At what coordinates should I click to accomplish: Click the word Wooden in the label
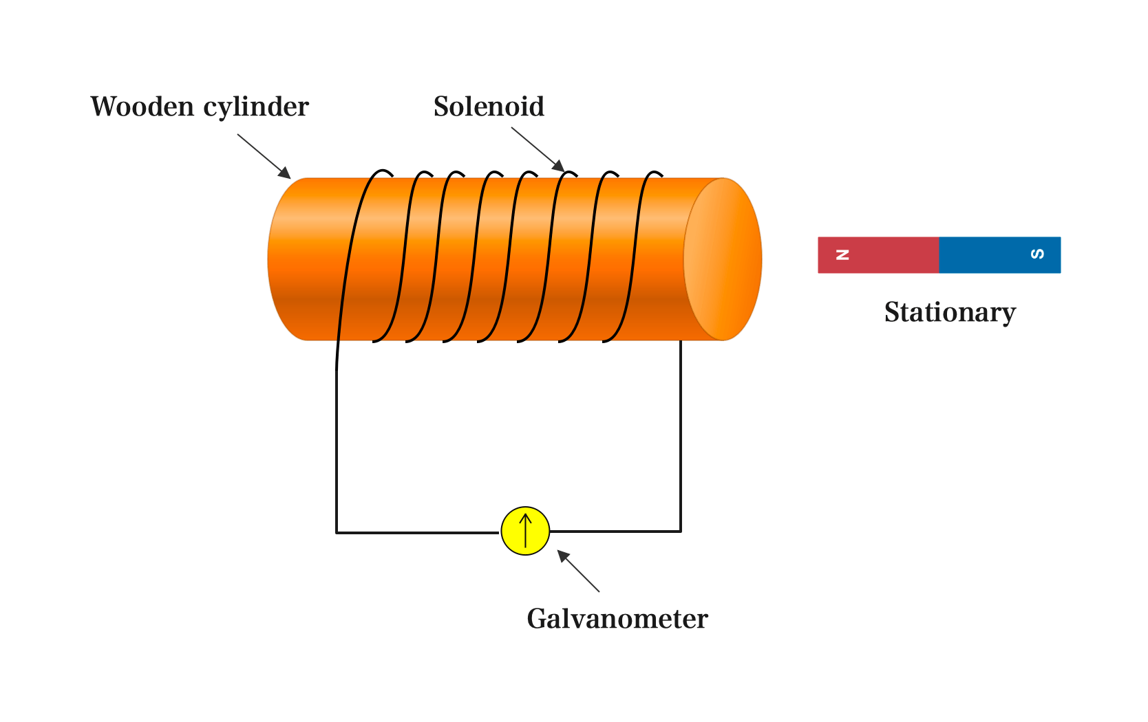[x=142, y=107]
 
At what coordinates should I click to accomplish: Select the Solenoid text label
[x=489, y=107]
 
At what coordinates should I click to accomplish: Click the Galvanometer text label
[x=617, y=619]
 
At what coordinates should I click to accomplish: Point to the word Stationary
[x=950, y=313]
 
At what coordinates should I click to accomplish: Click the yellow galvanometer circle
[x=525, y=531]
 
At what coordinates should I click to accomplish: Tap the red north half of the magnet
[x=888, y=255]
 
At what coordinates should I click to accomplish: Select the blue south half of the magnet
[x=991, y=255]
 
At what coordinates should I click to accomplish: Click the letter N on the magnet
[x=842, y=255]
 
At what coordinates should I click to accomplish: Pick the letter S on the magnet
[x=1037, y=254]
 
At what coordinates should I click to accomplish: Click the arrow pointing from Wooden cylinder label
[x=264, y=156]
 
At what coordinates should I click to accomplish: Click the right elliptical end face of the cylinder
[x=723, y=259]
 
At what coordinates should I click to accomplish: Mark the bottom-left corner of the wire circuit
[x=337, y=532]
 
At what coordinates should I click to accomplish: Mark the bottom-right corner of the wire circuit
[x=681, y=531]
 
